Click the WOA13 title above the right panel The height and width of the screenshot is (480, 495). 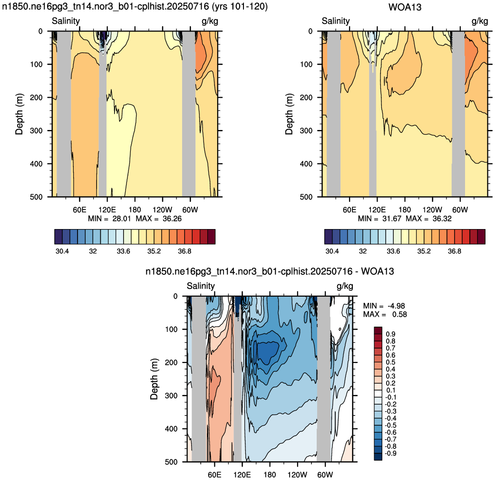click(405, 7)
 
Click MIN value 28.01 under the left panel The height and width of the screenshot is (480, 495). click(122, 219)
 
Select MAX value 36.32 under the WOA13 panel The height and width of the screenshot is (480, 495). click(442, 219)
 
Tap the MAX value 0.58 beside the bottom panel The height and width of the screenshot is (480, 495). click(399, 314)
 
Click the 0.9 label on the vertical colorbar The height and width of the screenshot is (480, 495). click(390, 334)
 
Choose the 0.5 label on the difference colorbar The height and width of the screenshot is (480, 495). click(390, 362)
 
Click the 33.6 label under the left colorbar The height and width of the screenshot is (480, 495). click(124, 251)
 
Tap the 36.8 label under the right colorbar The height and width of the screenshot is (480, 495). click(454, 251)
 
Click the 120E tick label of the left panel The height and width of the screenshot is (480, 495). click(107, 210)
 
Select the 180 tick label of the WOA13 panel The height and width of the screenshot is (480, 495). click(405, 210)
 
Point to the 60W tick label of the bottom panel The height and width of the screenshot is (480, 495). click(325, 475)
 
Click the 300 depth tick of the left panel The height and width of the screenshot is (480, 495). click(36, 130)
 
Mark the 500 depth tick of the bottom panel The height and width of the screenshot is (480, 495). click(171, 461)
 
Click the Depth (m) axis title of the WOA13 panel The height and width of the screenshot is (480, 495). click(289, 114)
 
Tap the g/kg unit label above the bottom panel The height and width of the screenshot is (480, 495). click(345, 286)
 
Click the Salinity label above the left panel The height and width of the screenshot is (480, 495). click(66, 21)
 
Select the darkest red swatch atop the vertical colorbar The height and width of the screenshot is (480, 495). click(378, 330)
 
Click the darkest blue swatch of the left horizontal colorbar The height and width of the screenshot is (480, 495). click(58, 237)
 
